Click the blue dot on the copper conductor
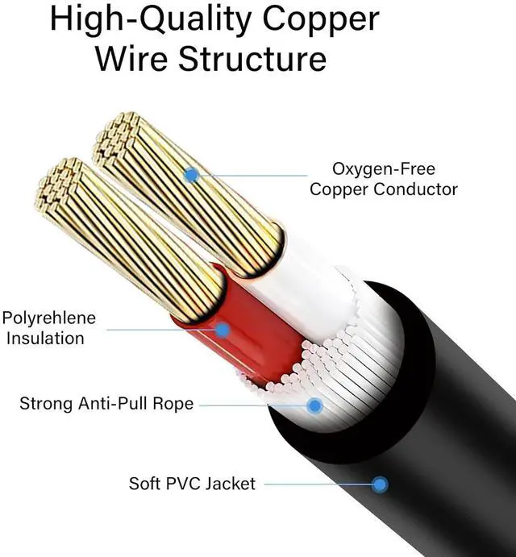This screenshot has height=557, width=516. click(191, 173)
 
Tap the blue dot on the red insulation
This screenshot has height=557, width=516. click(221, 329)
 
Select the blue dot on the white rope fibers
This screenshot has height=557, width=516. click(314, 405)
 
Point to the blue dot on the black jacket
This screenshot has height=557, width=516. click(380, 484)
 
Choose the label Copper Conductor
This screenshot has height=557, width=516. click(384, 190)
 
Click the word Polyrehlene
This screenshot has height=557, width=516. click(49, 318)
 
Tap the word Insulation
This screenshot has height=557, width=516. click(45, 339)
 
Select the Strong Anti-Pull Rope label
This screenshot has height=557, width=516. click(106, 403)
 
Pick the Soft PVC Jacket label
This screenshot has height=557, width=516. click(192, 484)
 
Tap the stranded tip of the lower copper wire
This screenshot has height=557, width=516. click(60, 182)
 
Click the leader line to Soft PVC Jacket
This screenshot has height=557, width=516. click(318, 484)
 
